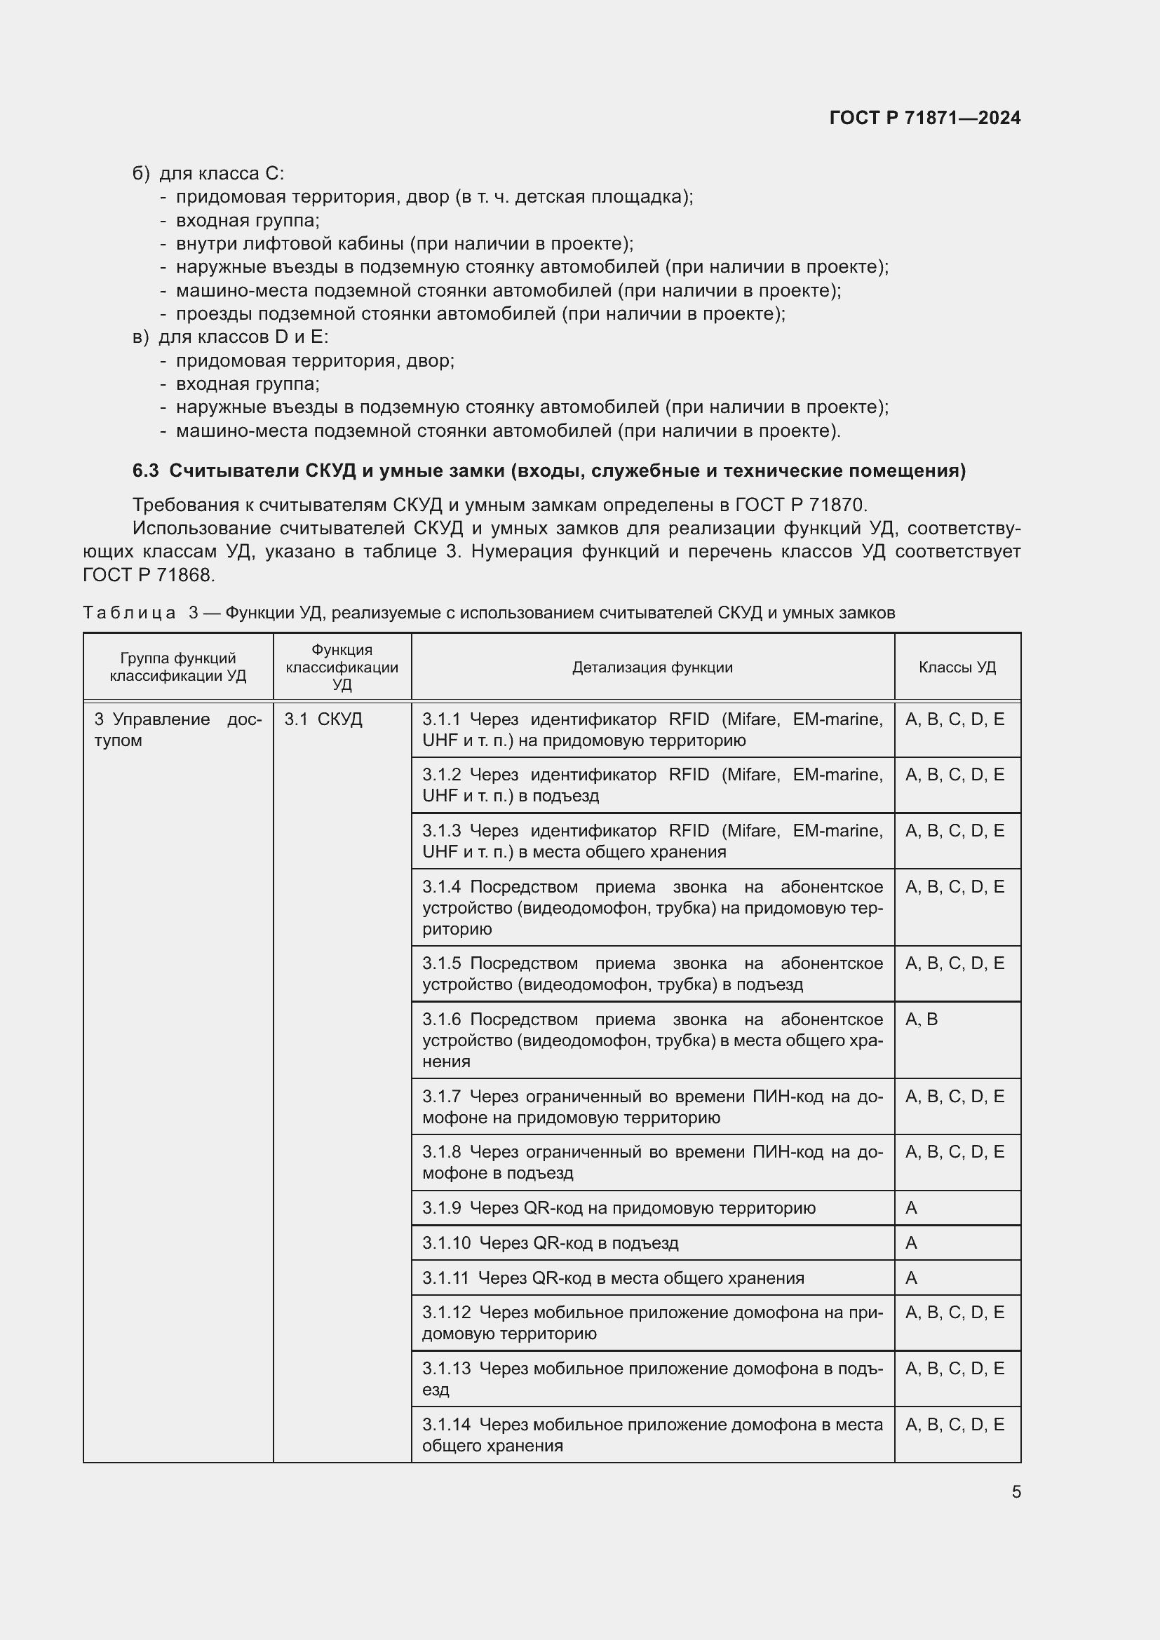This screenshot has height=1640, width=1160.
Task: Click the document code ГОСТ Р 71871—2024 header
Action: (924, 118)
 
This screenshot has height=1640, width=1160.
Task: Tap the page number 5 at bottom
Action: (1016, 1491)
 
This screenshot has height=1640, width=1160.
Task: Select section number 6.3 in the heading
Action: (145, 470)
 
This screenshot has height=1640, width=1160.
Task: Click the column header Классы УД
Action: (957, 667)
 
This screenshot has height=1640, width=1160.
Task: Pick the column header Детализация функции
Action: (652, 667)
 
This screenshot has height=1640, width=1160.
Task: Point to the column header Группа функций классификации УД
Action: (178, 667)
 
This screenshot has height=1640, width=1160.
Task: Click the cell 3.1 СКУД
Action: (323, 719)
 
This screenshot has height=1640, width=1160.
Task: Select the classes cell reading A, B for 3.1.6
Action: (922, 1019)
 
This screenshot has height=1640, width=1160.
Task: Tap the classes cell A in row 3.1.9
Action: (911, 1208)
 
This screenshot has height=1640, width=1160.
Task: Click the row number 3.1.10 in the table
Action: (447, 1243)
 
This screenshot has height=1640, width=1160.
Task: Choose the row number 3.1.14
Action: (447, 1424)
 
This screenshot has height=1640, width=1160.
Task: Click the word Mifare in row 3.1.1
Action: (753, 719)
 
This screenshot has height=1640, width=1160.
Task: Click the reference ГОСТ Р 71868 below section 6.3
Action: (148, 574)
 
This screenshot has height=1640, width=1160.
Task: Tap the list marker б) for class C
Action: (141, 174)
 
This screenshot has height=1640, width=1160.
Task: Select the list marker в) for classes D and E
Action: (141, 337)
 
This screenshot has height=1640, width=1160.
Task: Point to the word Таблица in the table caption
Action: (129, 613)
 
